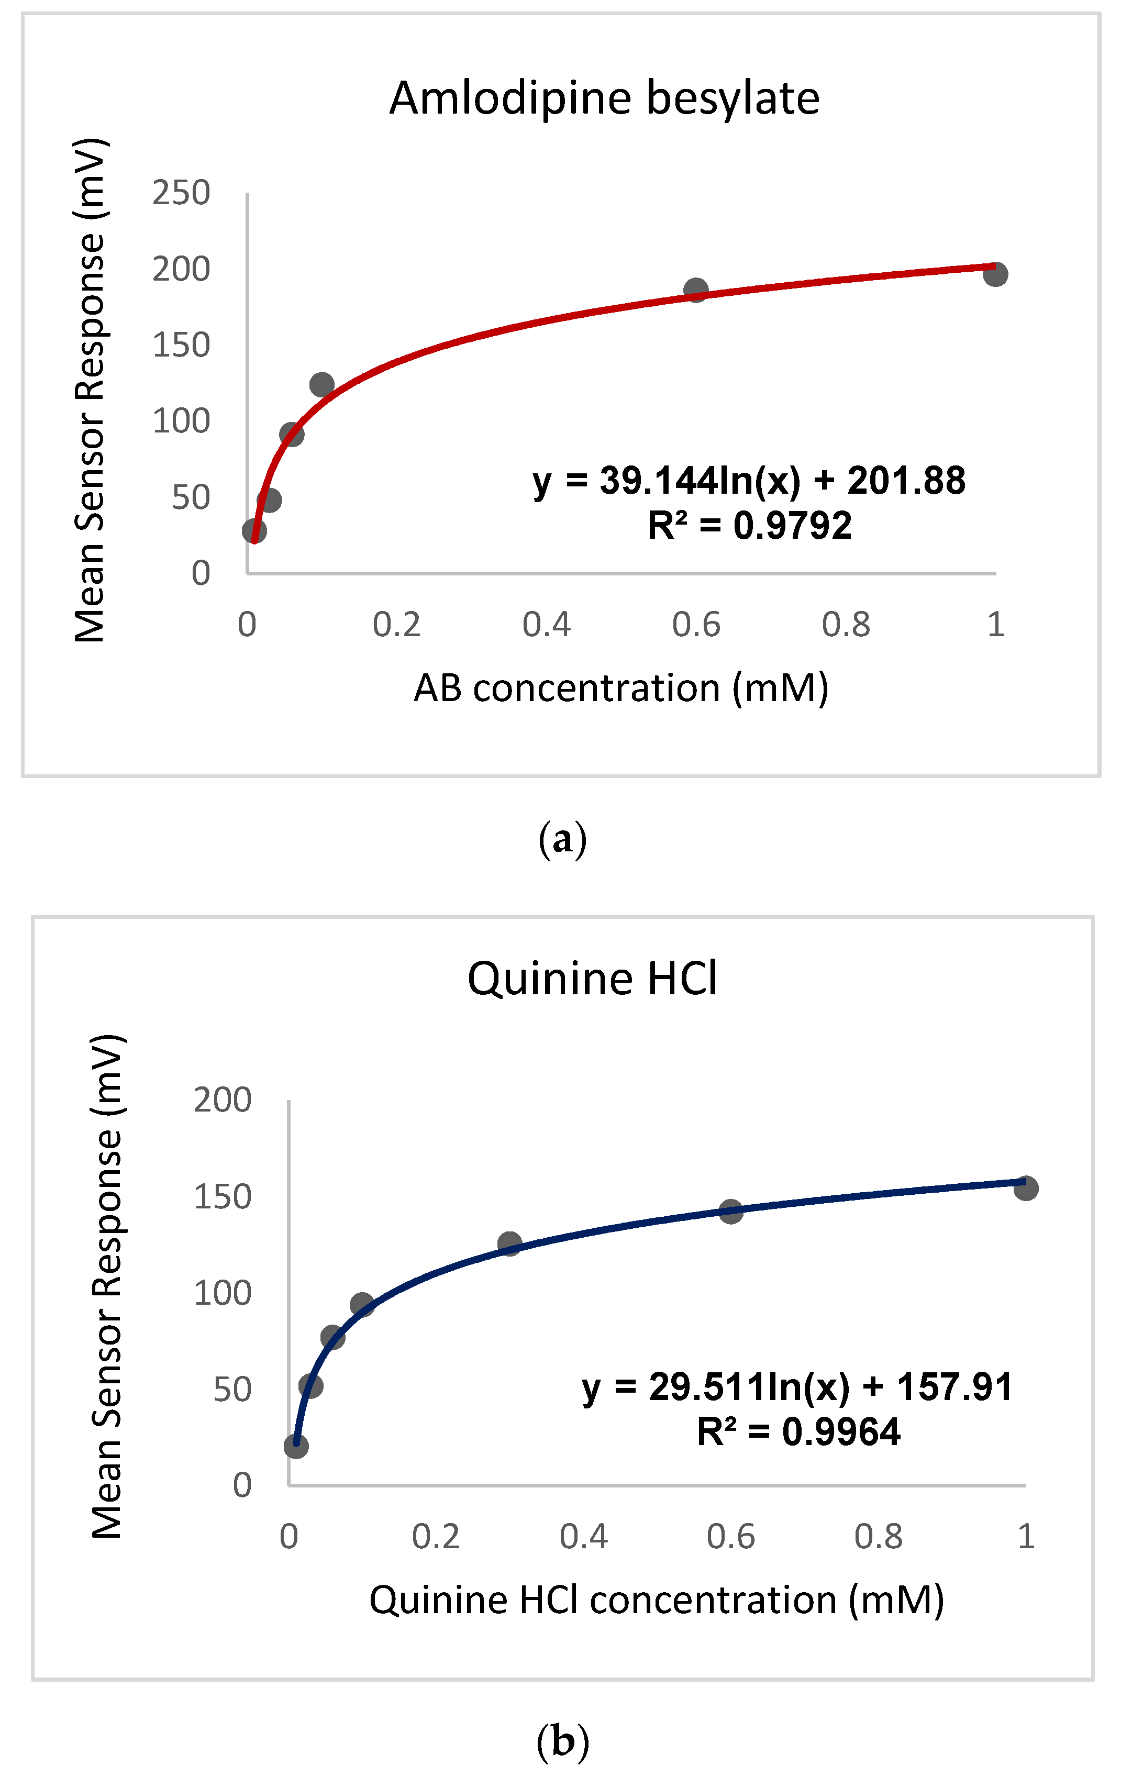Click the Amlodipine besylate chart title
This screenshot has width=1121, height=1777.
604,98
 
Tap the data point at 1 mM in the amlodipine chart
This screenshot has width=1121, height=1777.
995,274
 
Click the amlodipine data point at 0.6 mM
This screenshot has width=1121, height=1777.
695,290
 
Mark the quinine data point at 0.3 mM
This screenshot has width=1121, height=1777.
509,1244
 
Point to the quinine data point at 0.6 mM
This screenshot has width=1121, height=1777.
730,1211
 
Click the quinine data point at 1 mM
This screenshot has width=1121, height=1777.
1026,1188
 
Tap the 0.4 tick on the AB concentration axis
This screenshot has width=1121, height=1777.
546,625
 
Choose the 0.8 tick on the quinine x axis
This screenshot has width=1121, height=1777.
878,1537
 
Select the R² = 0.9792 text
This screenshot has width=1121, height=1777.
749,526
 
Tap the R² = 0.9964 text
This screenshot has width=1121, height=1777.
798,1431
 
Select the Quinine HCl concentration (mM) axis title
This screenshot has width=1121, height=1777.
656,1601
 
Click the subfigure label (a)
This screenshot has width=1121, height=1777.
562,840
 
